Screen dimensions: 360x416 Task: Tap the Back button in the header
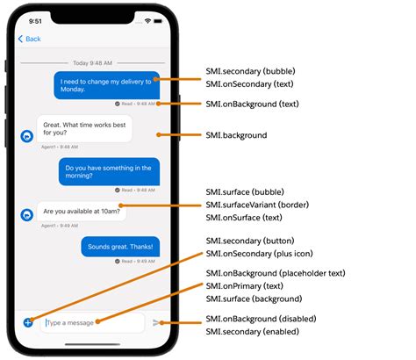click(x=30, y=39)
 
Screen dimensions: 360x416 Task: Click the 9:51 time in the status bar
click(x=35, y=19)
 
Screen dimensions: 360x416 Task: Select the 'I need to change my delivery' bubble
click(x=108, y=85)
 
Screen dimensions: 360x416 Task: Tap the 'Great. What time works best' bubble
click(x=83, y=128)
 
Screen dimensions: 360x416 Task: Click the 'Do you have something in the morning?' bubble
click(x=109, y=171)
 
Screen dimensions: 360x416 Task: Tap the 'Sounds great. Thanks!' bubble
click(x=120, y=247)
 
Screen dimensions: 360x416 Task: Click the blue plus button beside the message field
click(x=28, y=322)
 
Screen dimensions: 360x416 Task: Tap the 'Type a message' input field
click(x=92, y=322)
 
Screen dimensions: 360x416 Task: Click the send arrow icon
click(x=157, y=322)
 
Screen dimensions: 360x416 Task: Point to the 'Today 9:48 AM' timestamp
click(x=92, y=62)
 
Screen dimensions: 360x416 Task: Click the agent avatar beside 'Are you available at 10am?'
click(x=26, y=213)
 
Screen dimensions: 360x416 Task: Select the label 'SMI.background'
click(x=236, y=136)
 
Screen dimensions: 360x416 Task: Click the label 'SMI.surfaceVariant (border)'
click(x=256, y=203)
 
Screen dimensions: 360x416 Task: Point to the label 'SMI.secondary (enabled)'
click(x=252, y=332)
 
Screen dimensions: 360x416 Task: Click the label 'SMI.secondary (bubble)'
click(x=251, y=71)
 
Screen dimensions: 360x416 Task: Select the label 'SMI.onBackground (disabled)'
click(x=261, y=318)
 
